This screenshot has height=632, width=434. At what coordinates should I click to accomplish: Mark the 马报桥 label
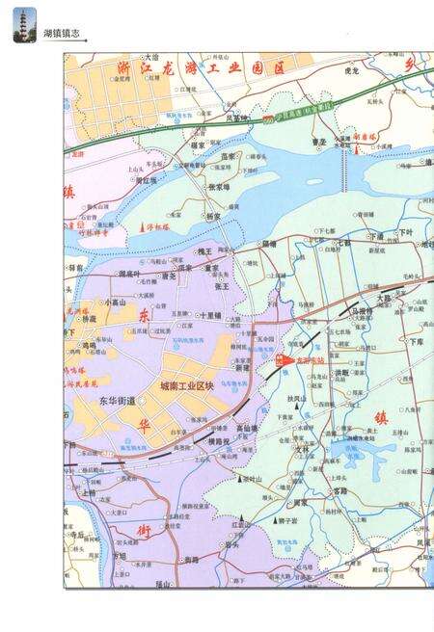[361, 312]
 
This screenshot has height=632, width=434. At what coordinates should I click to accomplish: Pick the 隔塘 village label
[269, 244]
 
